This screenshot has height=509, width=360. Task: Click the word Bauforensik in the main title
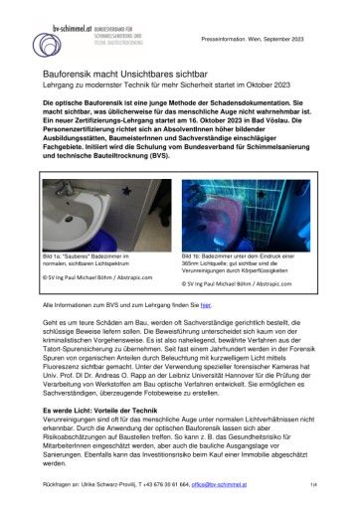pos(67,75)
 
